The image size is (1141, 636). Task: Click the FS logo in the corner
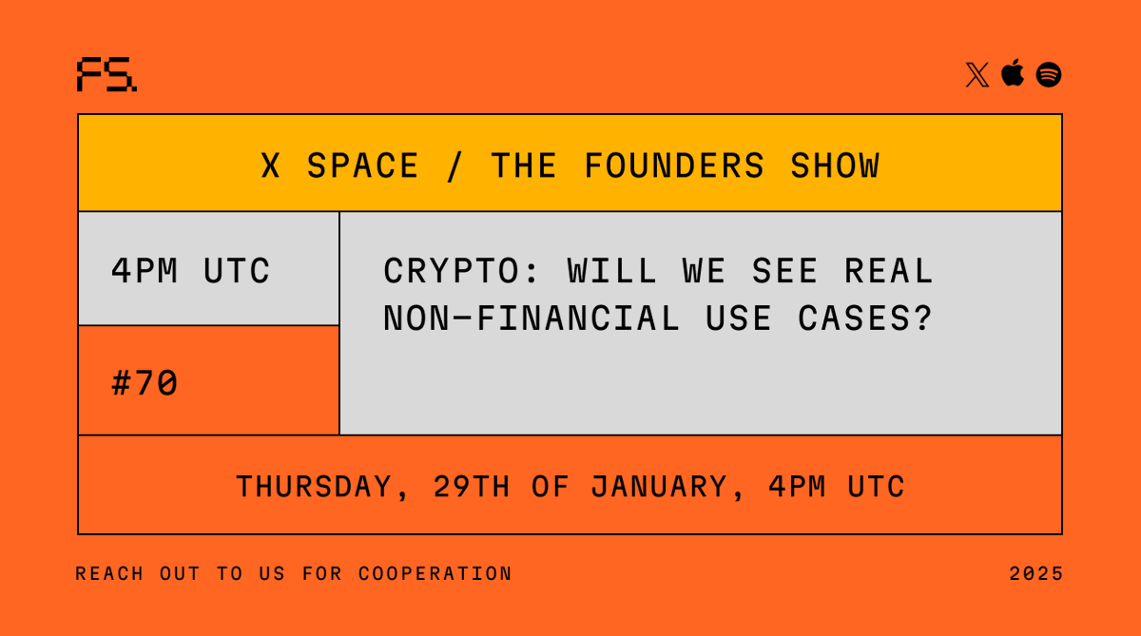(x=106, y=74)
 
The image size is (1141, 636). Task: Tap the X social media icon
(x=977, y=74)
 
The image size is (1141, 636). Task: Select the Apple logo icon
(x=1013, y=72)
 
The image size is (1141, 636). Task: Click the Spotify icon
(x=1049, y=74)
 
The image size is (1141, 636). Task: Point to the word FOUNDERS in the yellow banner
(x=674, y=166)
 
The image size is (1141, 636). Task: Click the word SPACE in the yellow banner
(x=362, y=166)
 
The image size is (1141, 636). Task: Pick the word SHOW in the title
(x=835, y=166)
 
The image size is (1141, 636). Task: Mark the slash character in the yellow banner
(x=454, y=166)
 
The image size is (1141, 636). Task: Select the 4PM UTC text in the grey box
(x=190, y=272)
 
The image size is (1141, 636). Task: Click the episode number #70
(x=145, y=384)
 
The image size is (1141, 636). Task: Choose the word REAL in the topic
(x=889, y=272)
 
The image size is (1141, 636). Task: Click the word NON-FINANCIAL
(x=532, y=318)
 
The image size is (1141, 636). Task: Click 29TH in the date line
(x=472, y=487)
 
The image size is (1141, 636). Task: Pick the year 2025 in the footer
(x=1036, y=574)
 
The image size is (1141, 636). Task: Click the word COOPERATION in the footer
(x=435, y=574)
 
